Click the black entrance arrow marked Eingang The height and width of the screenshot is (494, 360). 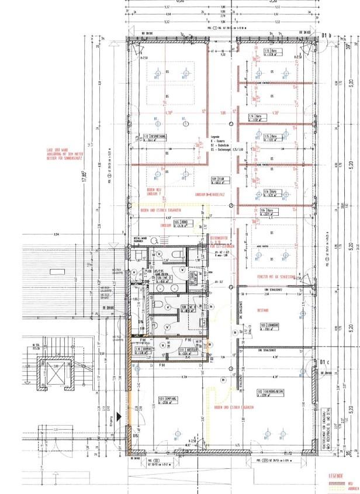point(119,416)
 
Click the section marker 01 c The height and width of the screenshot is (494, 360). point(326,364)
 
